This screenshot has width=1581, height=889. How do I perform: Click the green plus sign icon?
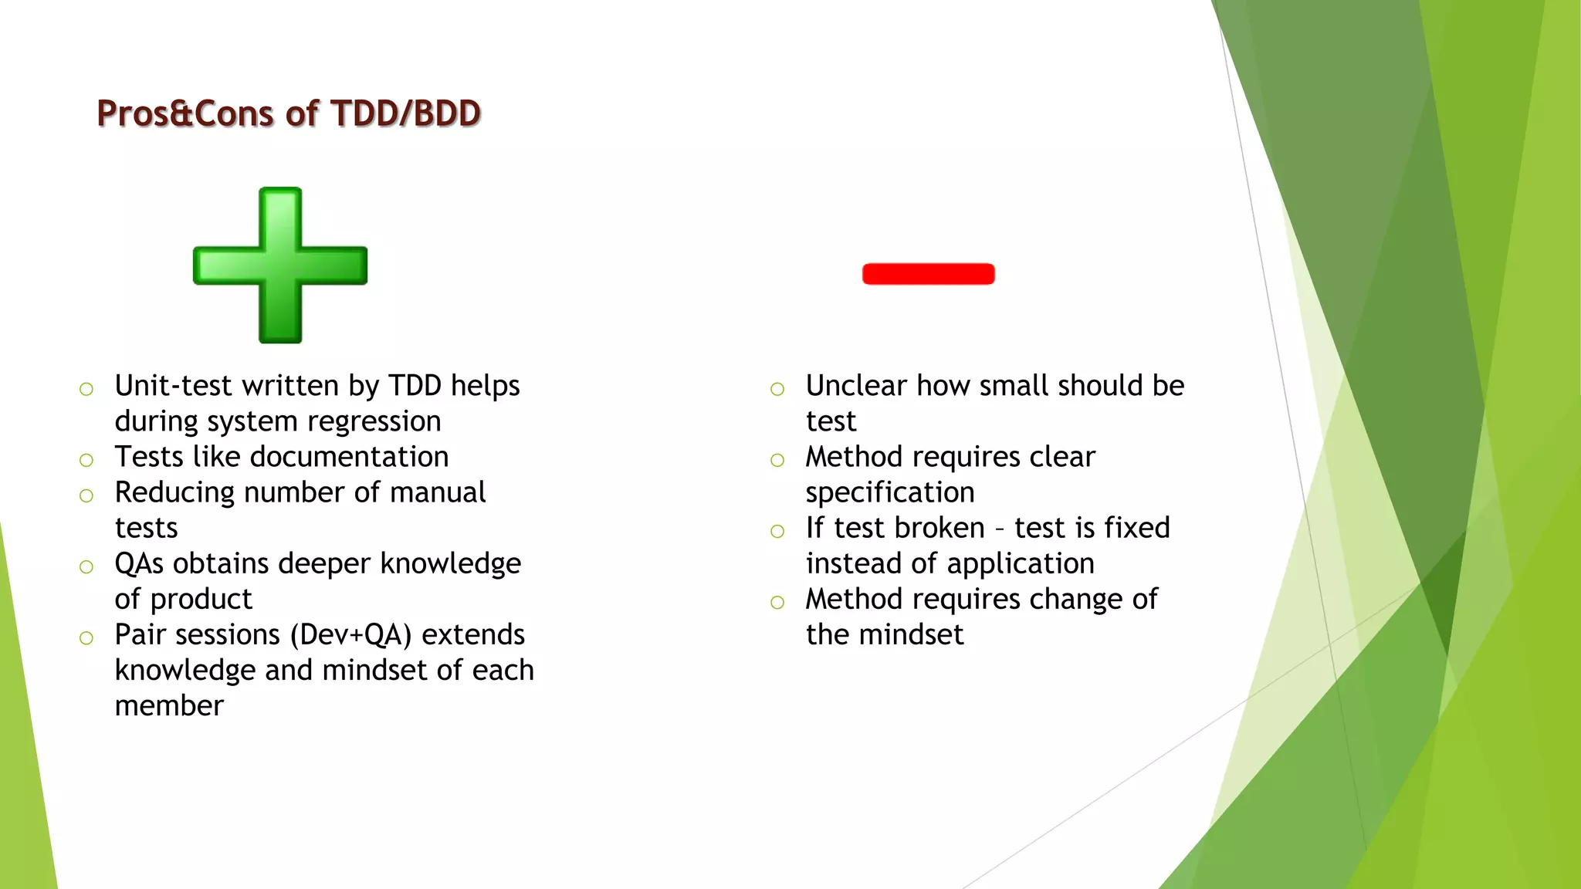coord(280,265)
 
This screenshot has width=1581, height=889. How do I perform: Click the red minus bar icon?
coord(928,274)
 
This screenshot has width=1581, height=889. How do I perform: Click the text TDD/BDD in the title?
coord(406,113)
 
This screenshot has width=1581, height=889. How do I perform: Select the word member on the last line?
coord(169,705)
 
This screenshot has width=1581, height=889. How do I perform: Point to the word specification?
coord(889,492)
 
